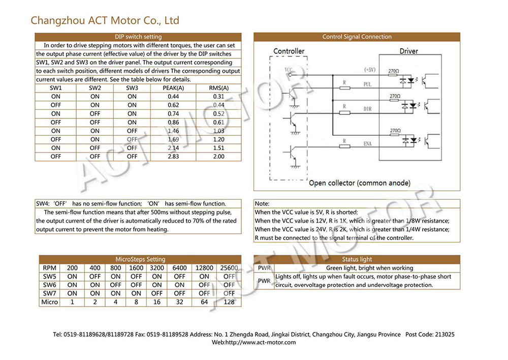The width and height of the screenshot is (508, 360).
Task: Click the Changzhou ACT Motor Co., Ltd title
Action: click(x=105, y=20)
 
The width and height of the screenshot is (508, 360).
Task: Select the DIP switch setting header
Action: click(x=138, y=37)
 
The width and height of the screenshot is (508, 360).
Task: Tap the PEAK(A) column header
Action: click(x=173, y=88)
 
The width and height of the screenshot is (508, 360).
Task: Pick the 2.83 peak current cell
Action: click(x=173, y=157)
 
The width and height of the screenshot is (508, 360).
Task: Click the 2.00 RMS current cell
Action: click(x=218, y=157)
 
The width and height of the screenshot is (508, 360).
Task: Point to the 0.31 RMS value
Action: click(x=218, y=96)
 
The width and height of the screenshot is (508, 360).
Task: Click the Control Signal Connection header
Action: click(x=357, y=37)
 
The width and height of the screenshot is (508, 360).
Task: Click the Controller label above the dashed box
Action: click(x=289, y=51)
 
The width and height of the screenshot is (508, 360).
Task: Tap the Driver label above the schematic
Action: click(x=408, y=51)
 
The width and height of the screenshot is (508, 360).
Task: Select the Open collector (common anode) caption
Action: click(x=360, y=183)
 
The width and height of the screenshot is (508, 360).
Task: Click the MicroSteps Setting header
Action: click(x=140, y=259)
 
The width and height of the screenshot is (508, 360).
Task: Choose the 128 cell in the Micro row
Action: click(x=229, y=302)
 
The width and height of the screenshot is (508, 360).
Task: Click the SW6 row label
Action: click(x=49, y=285)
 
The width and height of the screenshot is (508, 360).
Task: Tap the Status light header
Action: click(x=357, y=259)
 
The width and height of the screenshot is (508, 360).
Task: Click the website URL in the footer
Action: click(x=253, y=343)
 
